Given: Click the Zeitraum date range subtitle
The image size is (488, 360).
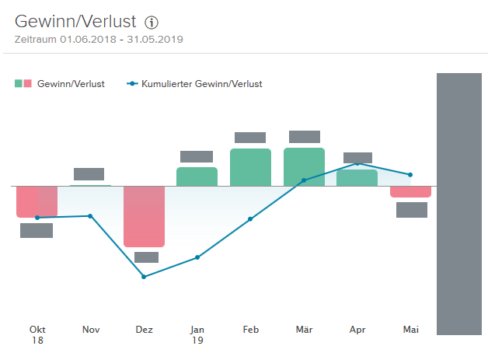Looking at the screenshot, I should point(99,39).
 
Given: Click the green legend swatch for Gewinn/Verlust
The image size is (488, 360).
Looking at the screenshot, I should point(19,83).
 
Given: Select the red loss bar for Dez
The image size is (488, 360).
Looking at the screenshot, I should point(144,216).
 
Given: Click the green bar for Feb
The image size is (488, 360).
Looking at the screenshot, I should point(250,167).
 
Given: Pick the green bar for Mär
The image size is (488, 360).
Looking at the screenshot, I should point(304,166).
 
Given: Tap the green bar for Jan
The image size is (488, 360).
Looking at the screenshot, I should point(197,177).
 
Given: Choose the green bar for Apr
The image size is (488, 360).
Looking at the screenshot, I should point(357,178).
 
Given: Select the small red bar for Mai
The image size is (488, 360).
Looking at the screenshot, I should point(410,192).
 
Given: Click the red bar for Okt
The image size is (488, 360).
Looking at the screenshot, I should point(37,201).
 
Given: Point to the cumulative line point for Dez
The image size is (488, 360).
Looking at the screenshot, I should point(144,277).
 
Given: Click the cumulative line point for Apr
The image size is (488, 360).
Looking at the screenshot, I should point(357,163).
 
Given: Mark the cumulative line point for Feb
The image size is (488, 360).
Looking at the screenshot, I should point(250,219).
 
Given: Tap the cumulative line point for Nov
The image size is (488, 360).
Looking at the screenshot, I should point(91,215).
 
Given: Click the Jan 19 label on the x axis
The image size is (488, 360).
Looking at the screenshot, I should point(197,334).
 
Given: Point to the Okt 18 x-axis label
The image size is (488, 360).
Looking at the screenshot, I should point(37,334).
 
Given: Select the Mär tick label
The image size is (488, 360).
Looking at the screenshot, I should point(304,330).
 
